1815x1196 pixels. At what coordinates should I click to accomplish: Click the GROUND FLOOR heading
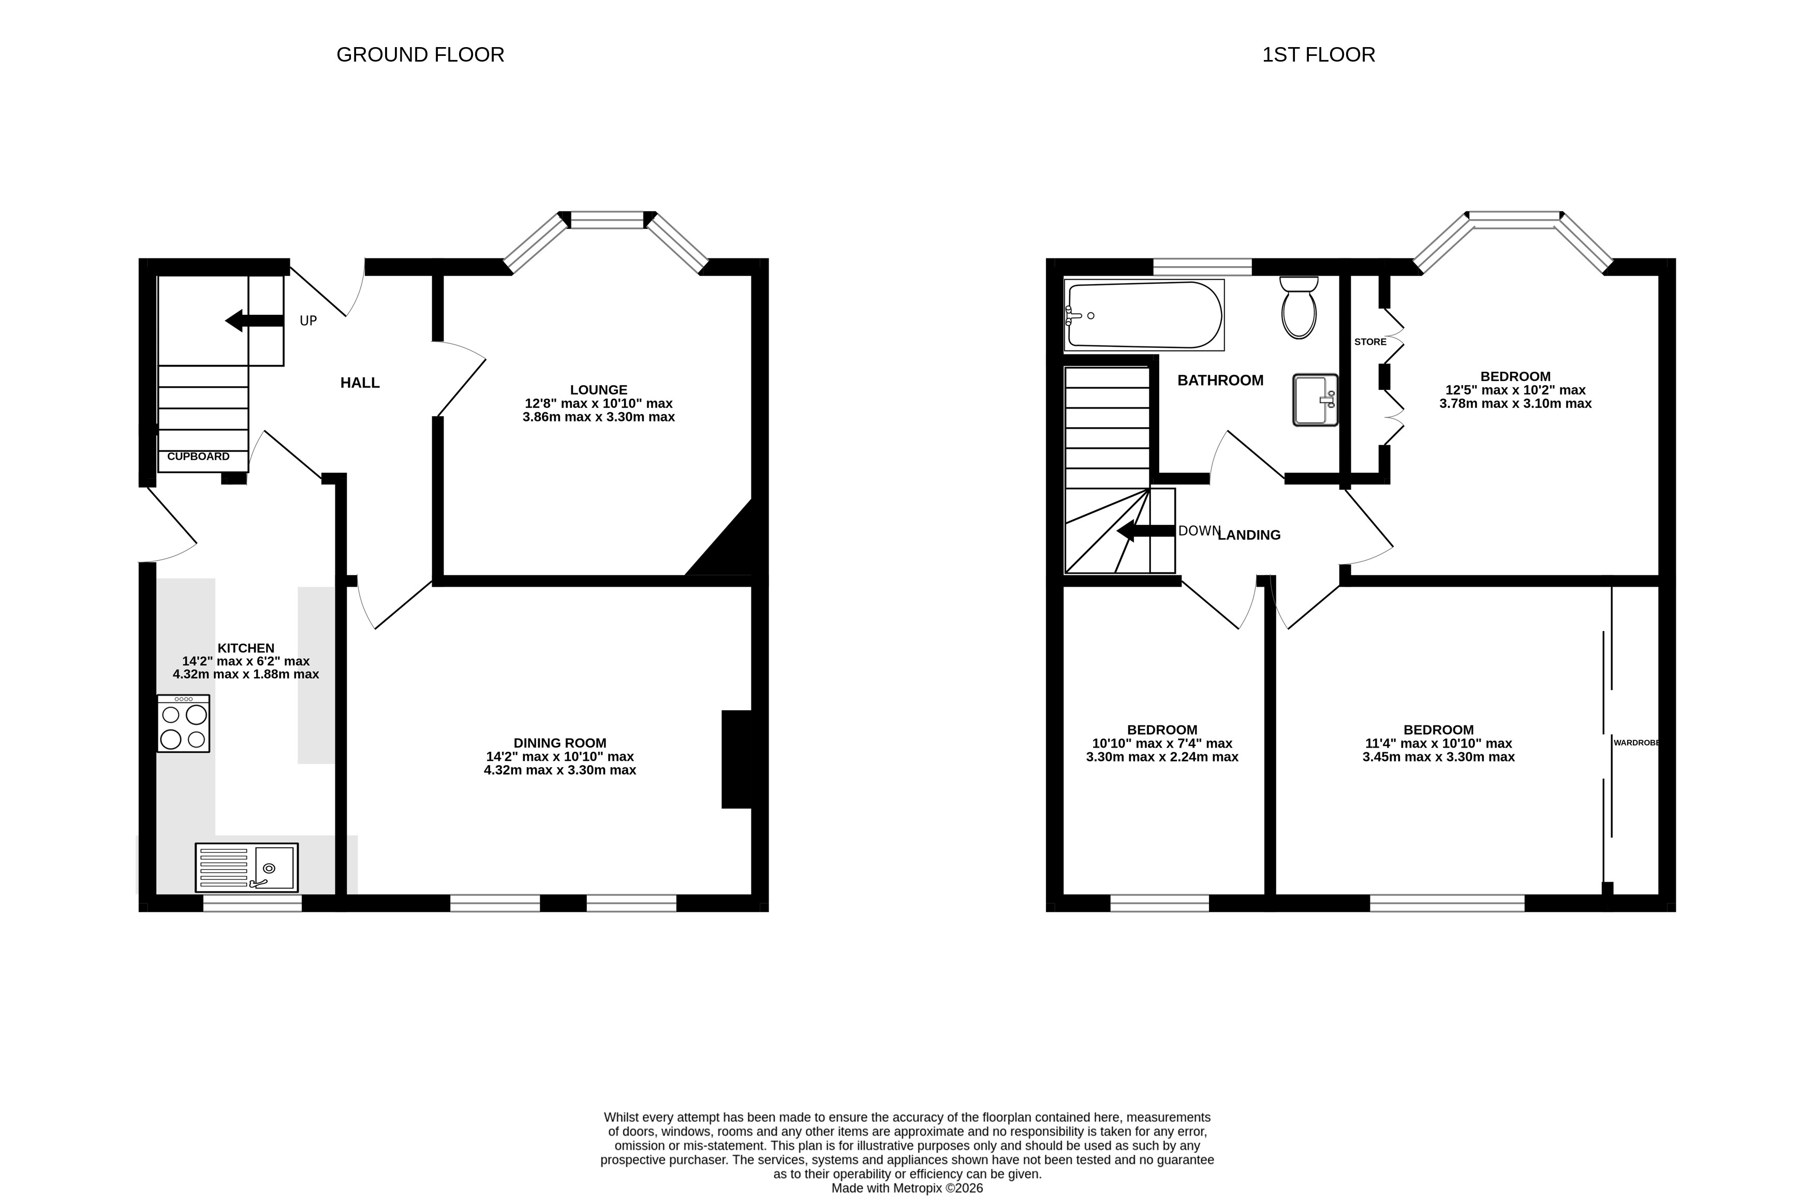click(420, 55)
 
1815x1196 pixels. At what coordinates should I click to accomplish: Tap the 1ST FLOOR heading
click(1319, 55)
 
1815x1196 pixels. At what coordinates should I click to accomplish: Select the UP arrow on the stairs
click(255, 321)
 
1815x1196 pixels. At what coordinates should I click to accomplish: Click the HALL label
click(360, 383)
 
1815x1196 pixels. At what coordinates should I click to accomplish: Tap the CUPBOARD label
click(198, 456)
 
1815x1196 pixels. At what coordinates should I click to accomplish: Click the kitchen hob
click(183, 723)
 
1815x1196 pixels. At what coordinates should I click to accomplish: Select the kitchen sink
click(246, 867)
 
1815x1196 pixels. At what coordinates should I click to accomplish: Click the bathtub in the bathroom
click(1144, 315)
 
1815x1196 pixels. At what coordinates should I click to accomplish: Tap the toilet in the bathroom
click(1298, 308)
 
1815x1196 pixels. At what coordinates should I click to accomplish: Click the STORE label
click(1370, 342)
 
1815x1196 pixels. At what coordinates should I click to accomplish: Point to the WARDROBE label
click(1636, 742)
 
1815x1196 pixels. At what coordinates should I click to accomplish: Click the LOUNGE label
click(599, 390)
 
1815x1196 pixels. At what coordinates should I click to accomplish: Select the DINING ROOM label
click(560, 743)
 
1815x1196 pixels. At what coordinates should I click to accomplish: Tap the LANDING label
click(1249, 535)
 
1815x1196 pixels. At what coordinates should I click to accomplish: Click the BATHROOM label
click(1220, 381)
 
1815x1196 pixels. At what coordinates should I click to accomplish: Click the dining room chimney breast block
click(736, 759)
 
